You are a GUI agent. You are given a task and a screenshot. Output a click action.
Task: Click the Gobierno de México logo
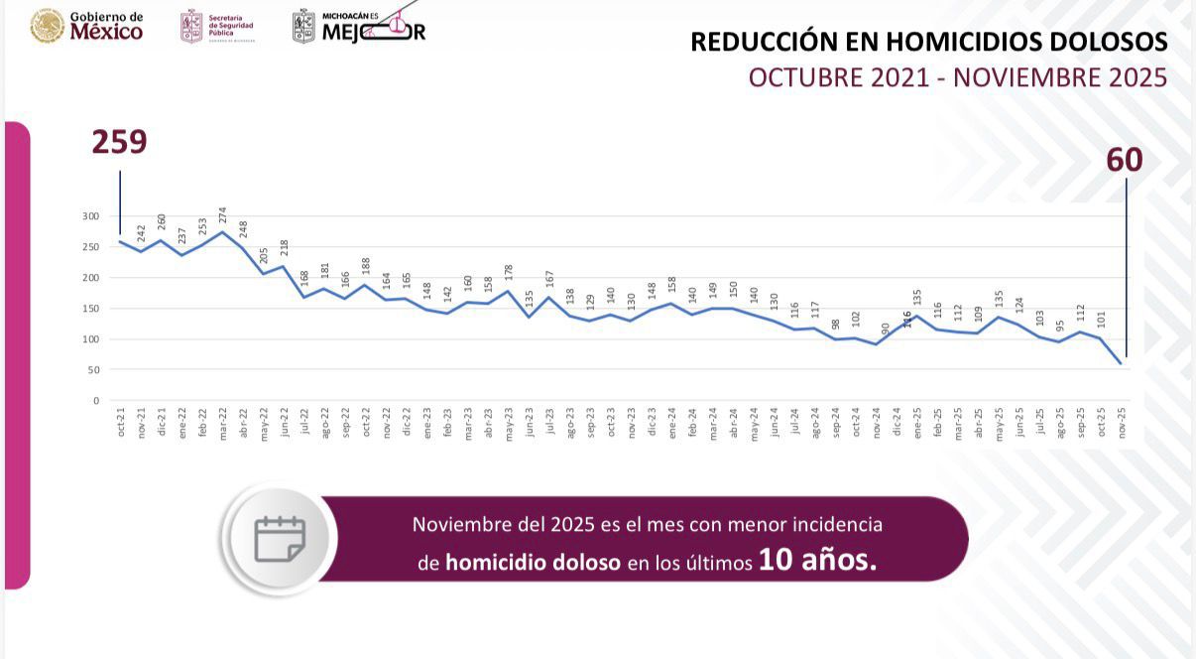coord(87,26)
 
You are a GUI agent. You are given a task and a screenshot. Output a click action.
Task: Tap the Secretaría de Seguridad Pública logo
coord(217,27)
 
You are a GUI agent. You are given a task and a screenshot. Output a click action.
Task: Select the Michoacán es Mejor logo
coord(359,26)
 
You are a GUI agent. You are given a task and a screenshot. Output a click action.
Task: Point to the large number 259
coord(119,142)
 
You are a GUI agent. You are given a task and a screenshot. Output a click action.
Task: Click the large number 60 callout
coord(1125,160)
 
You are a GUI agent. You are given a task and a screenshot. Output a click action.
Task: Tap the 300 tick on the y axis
coord(90,216)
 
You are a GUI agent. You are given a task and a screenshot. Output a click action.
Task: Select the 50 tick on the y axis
coord(93,370)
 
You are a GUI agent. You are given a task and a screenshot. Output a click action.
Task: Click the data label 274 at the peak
coord(223,214)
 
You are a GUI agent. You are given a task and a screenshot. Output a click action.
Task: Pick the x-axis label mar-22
coord(223,422)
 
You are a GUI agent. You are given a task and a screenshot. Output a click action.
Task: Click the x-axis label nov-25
coord(1122,422)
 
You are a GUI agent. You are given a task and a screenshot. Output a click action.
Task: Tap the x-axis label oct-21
coord(121,422)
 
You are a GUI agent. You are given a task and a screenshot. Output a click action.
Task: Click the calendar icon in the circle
coord(280,539)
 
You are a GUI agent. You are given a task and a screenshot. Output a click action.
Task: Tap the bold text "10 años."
coord(818,562)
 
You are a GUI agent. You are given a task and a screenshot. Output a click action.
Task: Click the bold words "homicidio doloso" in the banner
coord(533,563)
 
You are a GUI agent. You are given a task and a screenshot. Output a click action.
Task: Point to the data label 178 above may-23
coord(509,274)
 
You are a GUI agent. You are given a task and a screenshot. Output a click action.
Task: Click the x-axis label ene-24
coord(672,422)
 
